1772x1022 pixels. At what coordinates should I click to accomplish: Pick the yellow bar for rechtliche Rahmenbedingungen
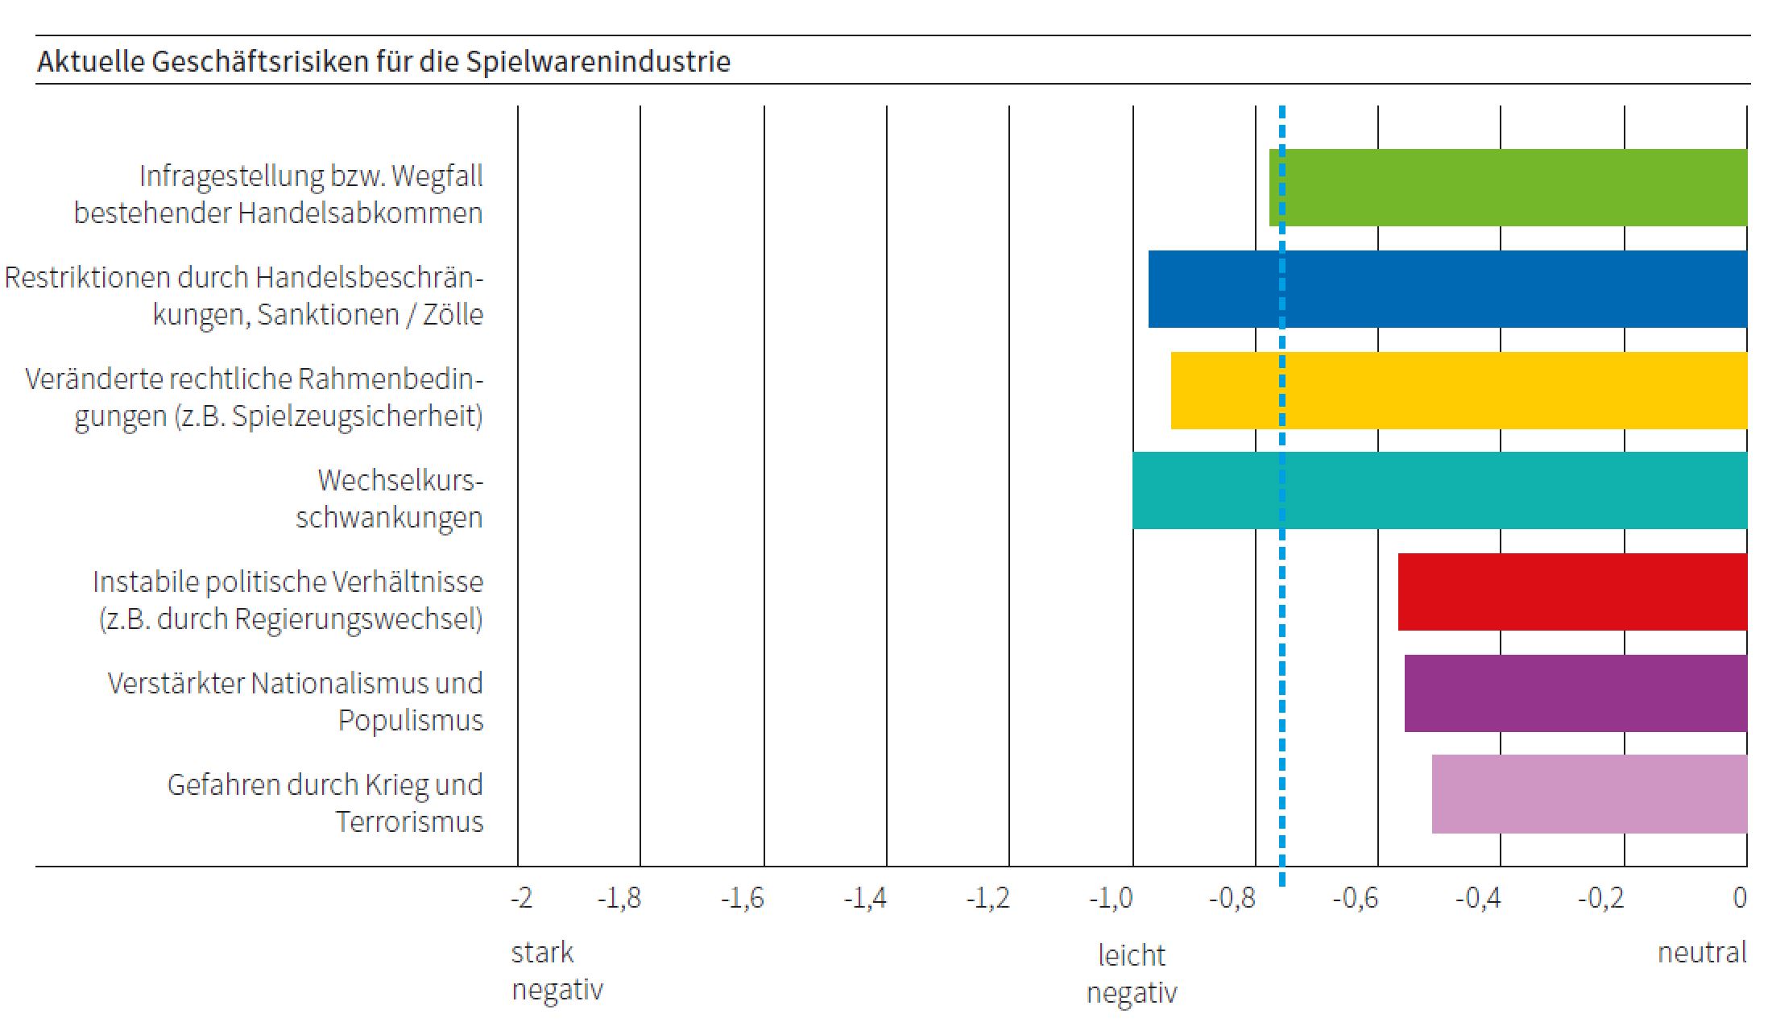pos(1459,391)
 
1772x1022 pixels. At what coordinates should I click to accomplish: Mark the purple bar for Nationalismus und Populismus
pos(1575,693)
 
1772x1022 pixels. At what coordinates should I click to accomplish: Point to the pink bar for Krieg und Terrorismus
pos(1589,794)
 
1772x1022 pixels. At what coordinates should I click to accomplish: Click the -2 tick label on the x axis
pos(522,897)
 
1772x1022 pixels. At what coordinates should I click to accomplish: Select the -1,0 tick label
pos(1111,897)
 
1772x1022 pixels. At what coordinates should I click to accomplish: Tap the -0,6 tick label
pos(1356,897)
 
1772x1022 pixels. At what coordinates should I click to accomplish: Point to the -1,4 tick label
pos(865,897)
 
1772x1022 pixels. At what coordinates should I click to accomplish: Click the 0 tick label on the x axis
pos(1740,897)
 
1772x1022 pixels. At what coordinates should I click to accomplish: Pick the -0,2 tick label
pos(1600,897)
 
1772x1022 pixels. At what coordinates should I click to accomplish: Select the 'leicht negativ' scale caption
pos(1132,974)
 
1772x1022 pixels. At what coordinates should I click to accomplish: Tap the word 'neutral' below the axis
pos(1702,953)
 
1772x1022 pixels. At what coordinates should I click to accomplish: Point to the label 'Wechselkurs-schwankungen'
pos(390,499)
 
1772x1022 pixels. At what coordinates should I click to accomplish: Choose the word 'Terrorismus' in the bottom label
pos(409,821)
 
